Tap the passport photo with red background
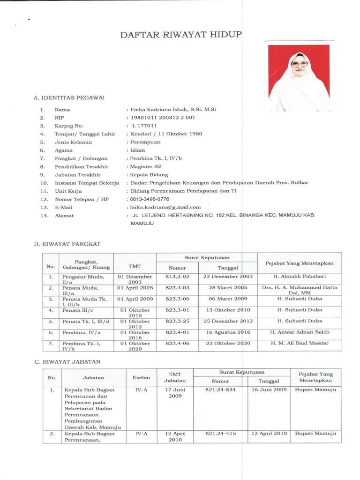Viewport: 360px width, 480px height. point(299,78)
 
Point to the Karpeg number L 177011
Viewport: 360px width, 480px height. point(145,126)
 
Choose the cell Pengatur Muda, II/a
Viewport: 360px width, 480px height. point(83,279)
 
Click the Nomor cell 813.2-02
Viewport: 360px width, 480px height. point(177,277)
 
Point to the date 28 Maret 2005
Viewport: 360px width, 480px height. point(228,287)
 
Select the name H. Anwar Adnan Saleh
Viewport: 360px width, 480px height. point(300,332)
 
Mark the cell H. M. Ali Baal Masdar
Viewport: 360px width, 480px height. point(300,343)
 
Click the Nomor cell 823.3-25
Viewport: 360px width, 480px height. point(177,321)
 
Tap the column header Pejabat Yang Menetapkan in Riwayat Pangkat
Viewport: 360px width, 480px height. point(300,263)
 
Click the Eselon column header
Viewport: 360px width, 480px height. point(141,377)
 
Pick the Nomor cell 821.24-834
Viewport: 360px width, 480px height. point(220,390)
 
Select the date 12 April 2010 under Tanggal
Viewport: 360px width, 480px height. point(269,434)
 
